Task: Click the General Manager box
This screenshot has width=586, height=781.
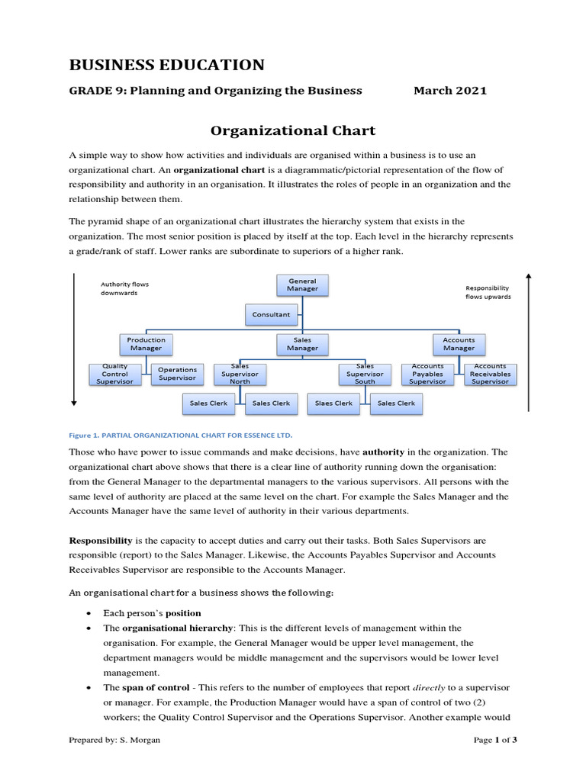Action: pos(302,285)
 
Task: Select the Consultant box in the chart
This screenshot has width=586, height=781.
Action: pos(271,313)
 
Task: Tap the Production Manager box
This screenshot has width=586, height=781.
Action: pos(146,344)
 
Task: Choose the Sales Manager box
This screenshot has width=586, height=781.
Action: pos(302,344)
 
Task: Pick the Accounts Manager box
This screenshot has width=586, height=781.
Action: pos(459,344)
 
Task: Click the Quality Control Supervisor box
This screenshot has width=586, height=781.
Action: pos(115,374)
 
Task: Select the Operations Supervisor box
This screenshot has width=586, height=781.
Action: pos(177,374)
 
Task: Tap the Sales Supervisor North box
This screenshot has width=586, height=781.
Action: pos(240,374)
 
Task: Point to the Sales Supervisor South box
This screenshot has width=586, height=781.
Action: pos(365,374)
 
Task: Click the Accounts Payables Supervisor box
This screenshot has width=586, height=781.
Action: pos(427,374)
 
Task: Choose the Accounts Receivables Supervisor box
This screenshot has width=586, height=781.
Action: pos(490,374)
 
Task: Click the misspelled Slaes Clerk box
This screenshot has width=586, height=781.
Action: pos(333,403)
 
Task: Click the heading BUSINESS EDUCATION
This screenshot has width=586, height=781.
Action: pos(167,65)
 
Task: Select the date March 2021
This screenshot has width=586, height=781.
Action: pos(449,91)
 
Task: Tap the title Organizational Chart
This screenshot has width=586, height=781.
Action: pos(293,130)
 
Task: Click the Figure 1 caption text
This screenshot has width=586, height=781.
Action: pos(180,435)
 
